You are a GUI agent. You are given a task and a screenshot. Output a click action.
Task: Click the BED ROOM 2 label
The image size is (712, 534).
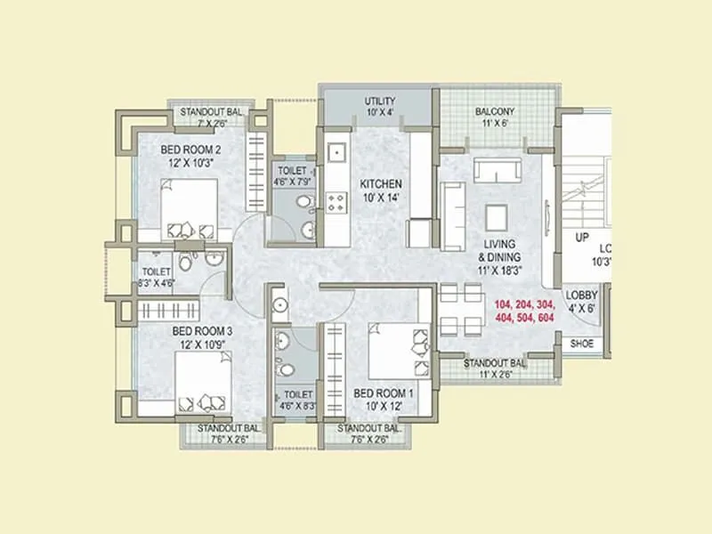[190, 150]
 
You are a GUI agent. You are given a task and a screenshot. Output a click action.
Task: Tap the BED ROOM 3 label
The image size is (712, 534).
[203, 330]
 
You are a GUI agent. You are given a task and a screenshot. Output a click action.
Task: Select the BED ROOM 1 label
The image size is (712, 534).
[384, 392]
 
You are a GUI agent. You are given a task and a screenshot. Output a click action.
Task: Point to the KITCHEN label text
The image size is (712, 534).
[381, 183]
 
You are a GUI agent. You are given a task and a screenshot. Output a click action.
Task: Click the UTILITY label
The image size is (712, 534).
[380, 101]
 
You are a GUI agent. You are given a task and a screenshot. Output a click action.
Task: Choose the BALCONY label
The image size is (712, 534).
[494, 111]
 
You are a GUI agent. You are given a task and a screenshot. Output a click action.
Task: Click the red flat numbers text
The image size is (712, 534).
[524, 311]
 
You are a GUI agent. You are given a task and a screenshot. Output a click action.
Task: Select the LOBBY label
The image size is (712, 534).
[581, 296]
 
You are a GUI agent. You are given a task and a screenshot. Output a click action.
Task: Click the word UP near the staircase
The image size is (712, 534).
[581, 238]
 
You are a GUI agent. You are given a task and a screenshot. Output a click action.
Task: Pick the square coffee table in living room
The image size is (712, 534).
[496, 217]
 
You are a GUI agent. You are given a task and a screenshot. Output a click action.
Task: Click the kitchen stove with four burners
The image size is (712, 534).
[337, 203]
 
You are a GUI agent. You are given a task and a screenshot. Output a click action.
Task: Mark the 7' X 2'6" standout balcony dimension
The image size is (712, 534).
[206, 124]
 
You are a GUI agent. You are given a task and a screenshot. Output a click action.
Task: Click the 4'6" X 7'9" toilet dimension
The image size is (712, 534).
[293, 182]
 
